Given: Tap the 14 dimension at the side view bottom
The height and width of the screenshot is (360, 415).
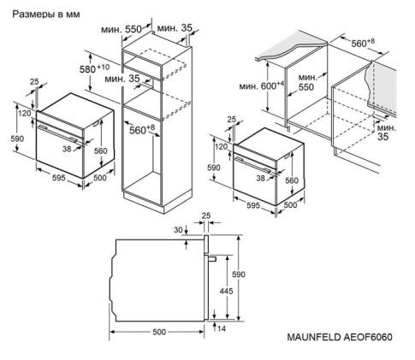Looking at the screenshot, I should click(222, 328).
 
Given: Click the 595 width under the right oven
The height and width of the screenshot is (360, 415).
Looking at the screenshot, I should click(248, 205).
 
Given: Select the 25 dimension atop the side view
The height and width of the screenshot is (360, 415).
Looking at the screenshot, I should click(205, 216).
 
